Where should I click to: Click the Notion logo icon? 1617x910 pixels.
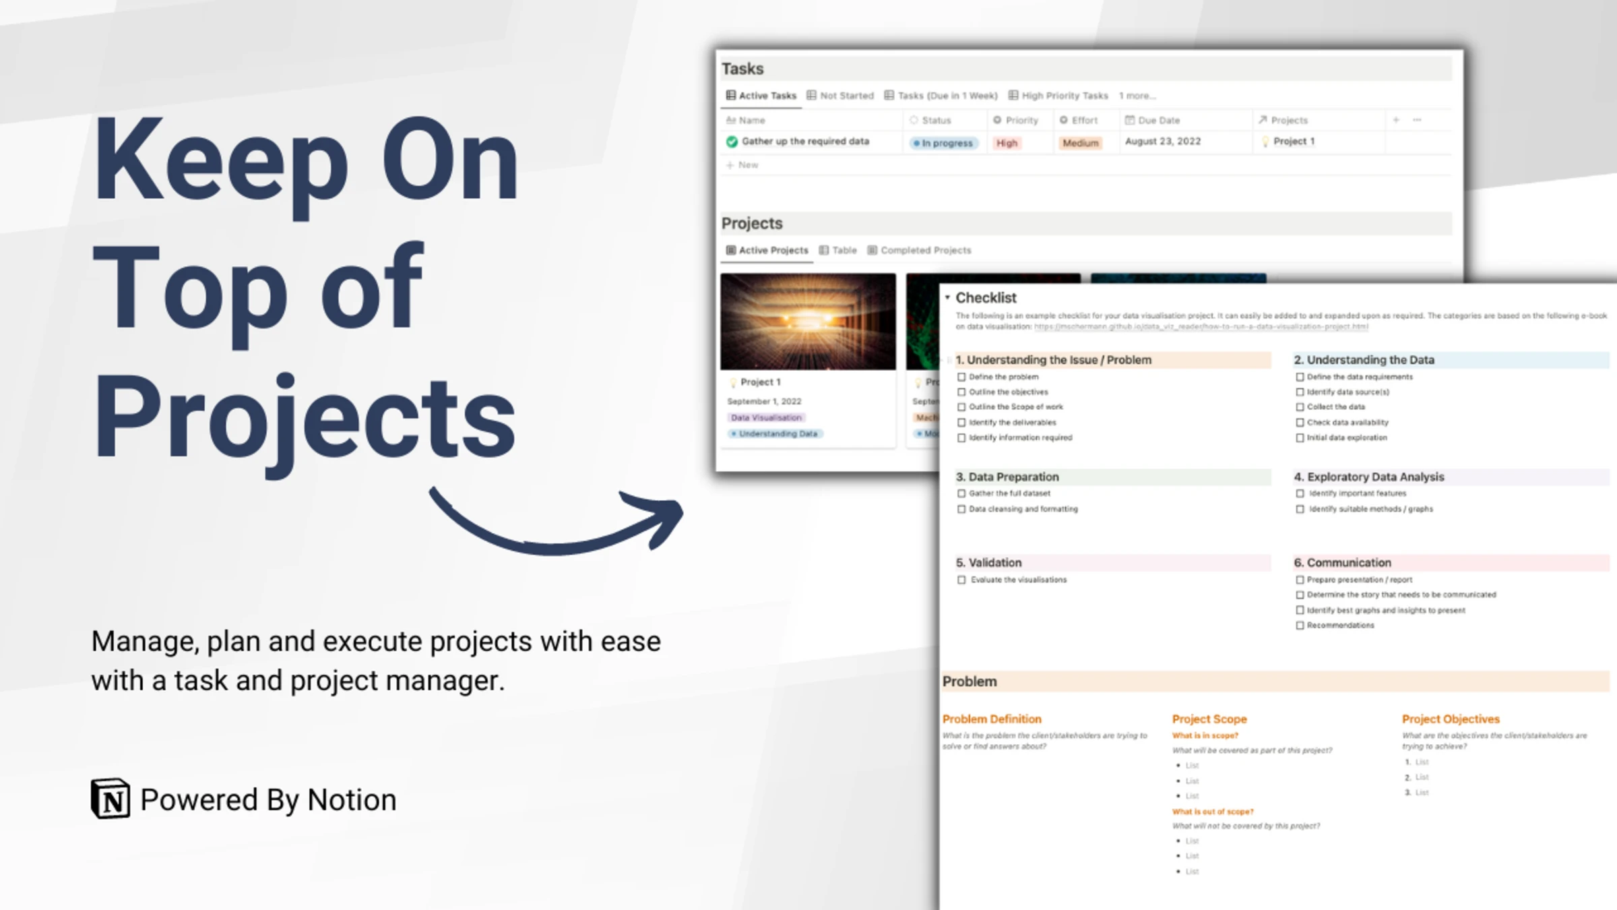[110, 799]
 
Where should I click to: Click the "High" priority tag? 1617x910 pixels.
[1007, 143]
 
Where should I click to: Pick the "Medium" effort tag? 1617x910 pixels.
[1080, 143]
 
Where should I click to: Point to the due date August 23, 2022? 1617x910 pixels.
[1163, 142]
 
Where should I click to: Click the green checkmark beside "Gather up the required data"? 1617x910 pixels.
[732, 142]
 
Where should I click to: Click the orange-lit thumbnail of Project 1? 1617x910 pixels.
[808, 321]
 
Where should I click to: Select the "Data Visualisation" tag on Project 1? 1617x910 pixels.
[766, 417]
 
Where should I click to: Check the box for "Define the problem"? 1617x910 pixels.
[961, 377]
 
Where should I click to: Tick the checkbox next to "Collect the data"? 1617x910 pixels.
[1300, 407]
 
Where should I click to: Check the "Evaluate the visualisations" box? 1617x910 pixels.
[961, 580]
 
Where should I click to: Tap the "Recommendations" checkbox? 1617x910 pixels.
[1300, 626]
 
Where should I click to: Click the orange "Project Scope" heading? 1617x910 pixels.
[1209, 719]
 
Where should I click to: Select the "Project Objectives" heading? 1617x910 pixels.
[1451, 719]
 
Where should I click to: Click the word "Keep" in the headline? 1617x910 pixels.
[221, 162]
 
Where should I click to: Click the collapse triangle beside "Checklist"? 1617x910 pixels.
[947, 297]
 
